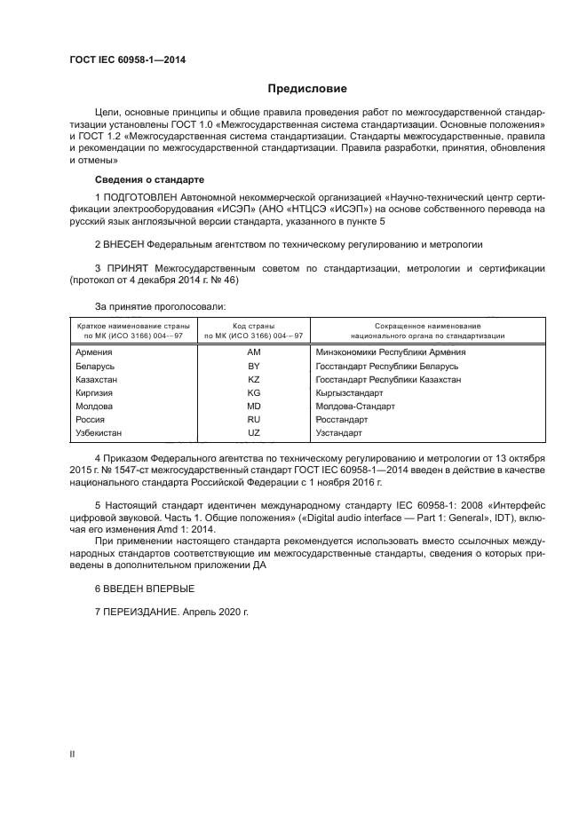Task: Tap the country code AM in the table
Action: point(253,352)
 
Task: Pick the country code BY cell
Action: point(253,366)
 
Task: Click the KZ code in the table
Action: point(253,379)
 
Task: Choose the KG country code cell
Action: point(253,392)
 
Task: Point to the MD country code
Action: point(253,406)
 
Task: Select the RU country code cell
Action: point(253,419)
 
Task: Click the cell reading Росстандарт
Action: point(342,419)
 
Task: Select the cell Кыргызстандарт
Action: point(349,392)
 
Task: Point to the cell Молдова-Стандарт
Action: point(354,406)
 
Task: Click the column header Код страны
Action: point(253,327)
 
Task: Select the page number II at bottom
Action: point(72,754)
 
